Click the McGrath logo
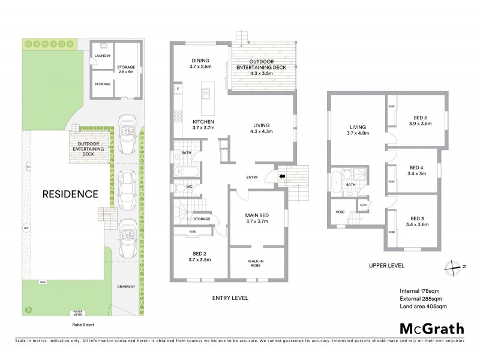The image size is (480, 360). coord(431,328)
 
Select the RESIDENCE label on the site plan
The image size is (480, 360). coord(70,194)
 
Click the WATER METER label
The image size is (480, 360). coord(78,313)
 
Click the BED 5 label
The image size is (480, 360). coord(421,118)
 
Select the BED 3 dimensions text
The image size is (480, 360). coord(421,225)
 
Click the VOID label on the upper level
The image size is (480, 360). coord(340,211)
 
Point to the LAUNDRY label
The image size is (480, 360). coord(103,56)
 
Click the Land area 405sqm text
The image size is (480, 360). coord(423,307)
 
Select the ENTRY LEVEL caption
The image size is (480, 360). coord(230,298)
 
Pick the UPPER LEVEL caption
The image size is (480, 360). coord(387,265)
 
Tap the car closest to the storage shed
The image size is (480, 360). coord(127,128)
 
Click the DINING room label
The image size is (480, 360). coord(200,61)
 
